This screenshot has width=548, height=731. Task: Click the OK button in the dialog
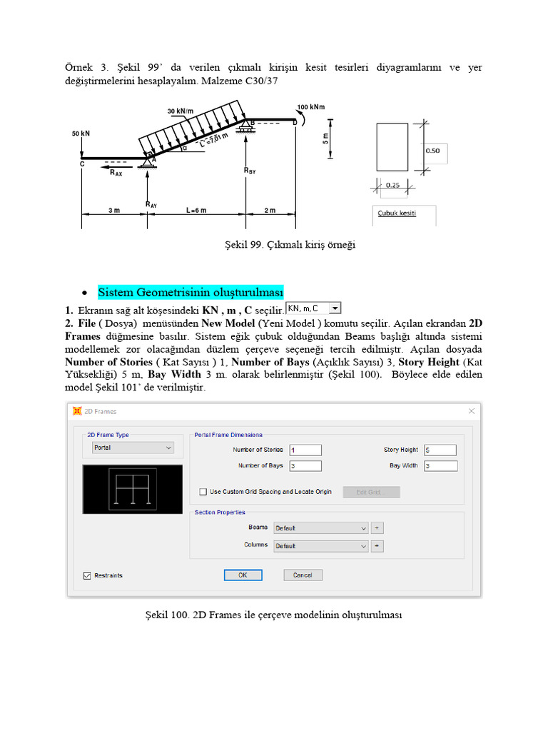243,575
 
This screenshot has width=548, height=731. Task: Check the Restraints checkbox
88,575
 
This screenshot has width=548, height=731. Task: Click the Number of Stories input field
305,450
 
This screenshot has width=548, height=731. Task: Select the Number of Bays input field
305,466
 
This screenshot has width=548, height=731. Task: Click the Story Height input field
440,450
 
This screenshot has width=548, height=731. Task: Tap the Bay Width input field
440,466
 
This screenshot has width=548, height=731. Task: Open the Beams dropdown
321,528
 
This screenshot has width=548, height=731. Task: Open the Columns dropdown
321,545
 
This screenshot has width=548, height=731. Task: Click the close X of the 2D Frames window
472,411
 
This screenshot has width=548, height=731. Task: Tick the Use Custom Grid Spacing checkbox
203,492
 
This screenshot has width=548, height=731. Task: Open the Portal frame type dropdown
133,448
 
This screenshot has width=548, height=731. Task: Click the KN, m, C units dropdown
314,308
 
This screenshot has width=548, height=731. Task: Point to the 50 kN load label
81,133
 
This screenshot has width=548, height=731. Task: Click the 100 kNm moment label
311,108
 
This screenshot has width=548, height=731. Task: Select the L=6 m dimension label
196,211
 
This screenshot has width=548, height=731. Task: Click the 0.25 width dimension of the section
392,185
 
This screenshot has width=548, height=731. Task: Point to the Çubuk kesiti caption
397,213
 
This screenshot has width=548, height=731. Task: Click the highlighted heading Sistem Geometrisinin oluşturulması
191,293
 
